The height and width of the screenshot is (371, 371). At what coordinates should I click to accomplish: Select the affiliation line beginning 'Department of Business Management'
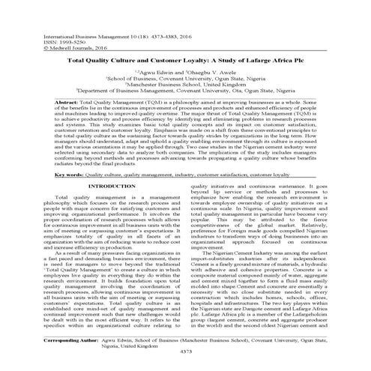point(185,112)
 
